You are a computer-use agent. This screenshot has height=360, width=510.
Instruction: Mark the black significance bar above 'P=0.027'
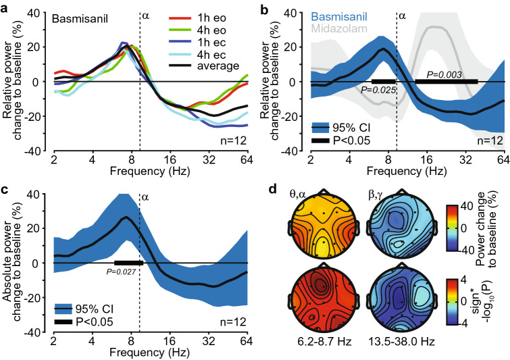[128, 262]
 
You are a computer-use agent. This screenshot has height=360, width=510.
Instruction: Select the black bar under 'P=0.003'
[446, 81]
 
